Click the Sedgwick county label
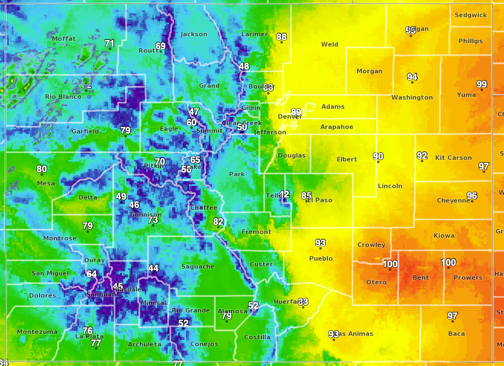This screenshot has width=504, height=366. pos(470,15)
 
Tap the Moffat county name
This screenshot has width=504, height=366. pos(64,39)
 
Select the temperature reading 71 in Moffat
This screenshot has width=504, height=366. pos(110,44)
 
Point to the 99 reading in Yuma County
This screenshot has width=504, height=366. pos(481,84)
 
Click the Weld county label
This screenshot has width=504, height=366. pos(330,45)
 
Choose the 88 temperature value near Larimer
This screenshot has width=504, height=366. pos(281,37)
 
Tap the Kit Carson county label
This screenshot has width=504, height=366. pos(453,158)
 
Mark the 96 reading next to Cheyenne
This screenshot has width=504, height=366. pos(472,196)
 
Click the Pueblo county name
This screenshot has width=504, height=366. pos(321,259)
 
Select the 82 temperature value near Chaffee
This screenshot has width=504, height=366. pos(218,222)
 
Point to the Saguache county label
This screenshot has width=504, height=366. pos(198,267)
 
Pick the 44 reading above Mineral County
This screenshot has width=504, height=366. pos(153,268)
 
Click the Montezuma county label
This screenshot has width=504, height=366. pos(37,332)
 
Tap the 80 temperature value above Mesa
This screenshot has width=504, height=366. pos(42,169)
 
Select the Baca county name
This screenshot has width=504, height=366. pos(456,334)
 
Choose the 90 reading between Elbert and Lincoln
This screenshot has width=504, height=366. pos(378,156)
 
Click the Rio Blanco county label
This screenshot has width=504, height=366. pos(63,97)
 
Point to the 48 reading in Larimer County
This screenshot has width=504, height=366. pos(244,66)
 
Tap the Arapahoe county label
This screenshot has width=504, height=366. pos(336,127)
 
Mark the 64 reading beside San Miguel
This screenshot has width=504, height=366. pos(92,274)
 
